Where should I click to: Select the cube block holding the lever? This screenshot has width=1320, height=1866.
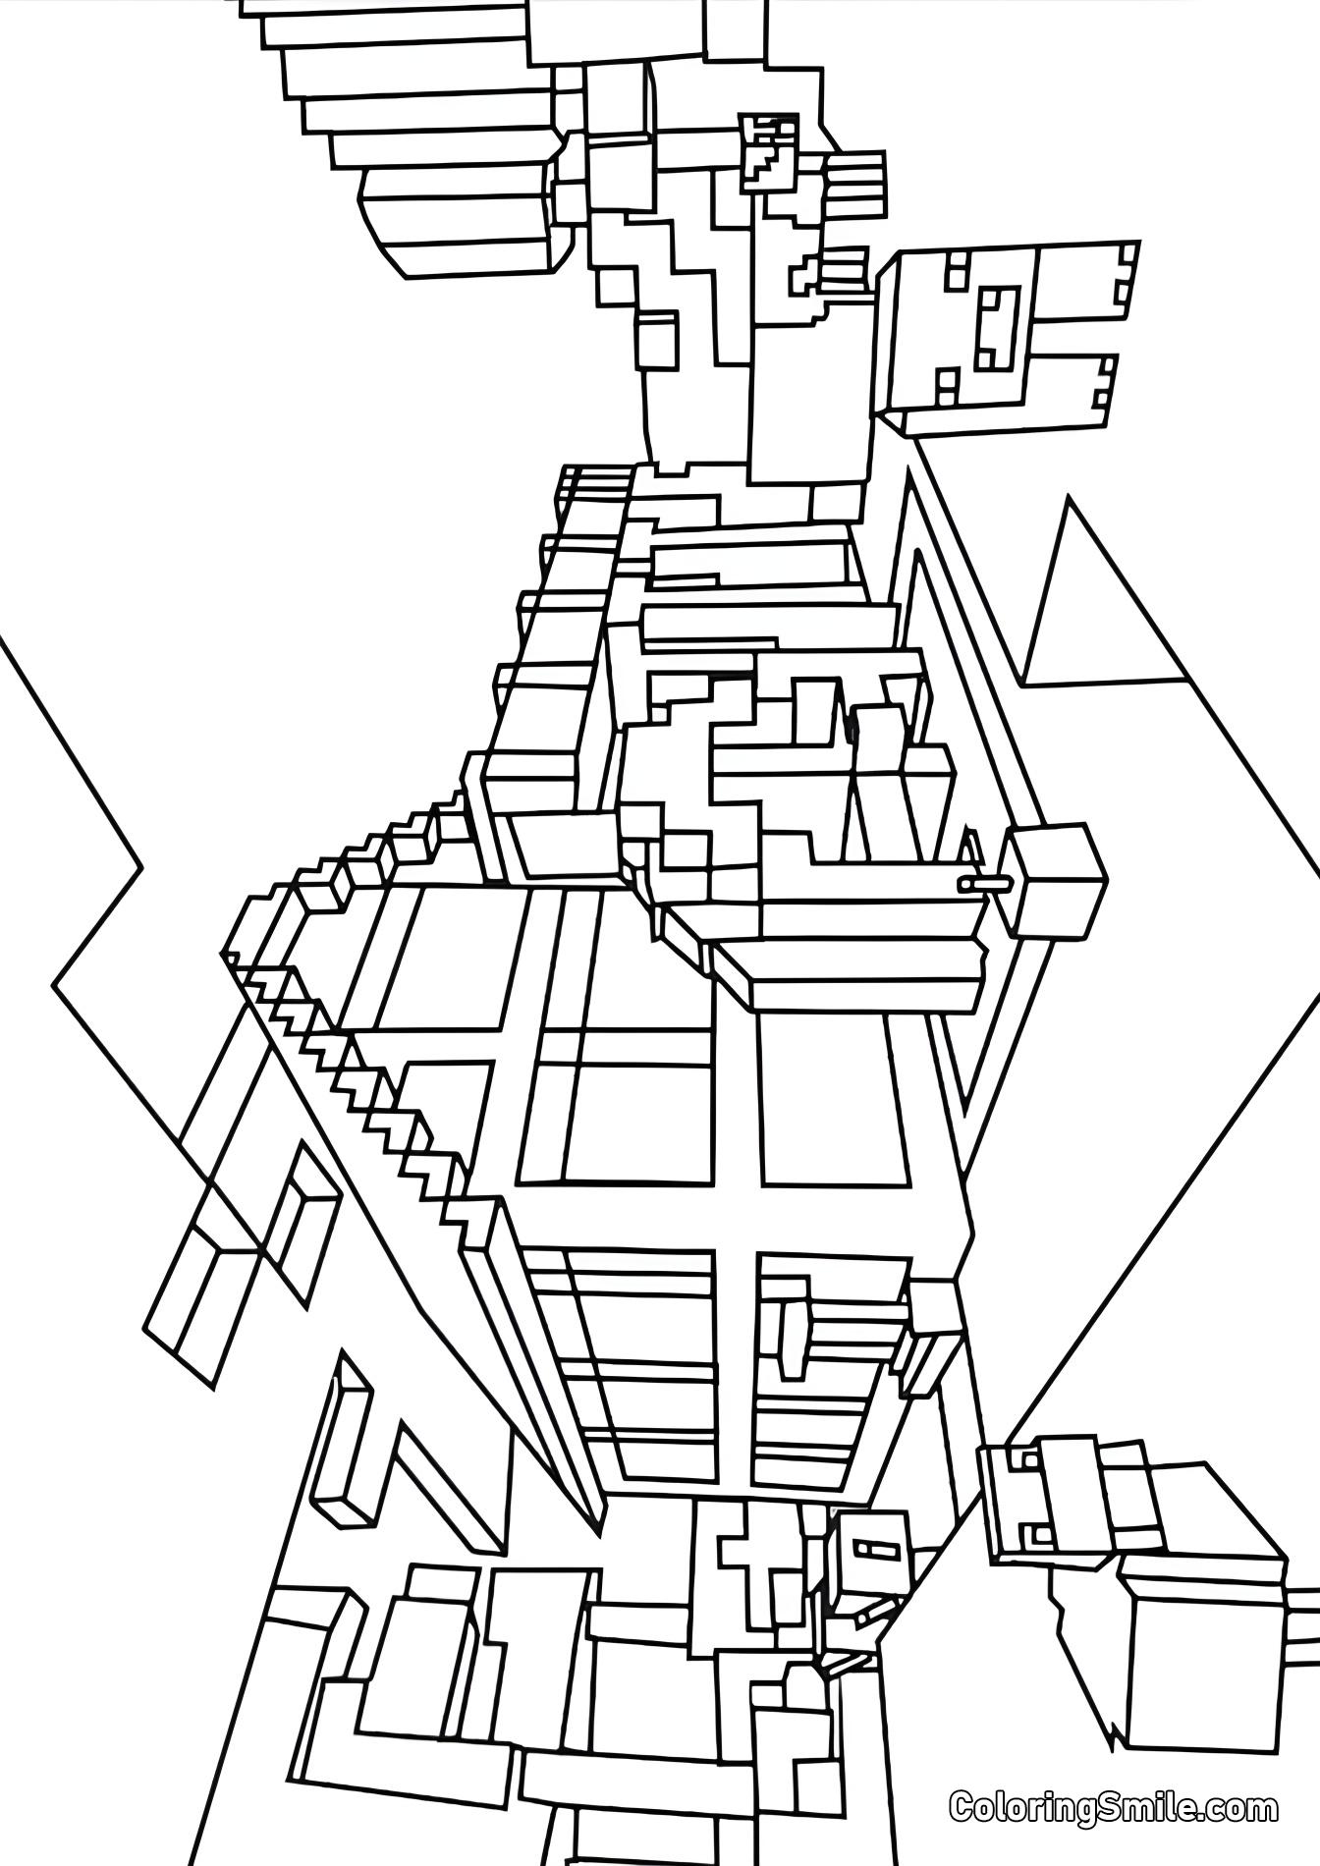[x=1056, y=880]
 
